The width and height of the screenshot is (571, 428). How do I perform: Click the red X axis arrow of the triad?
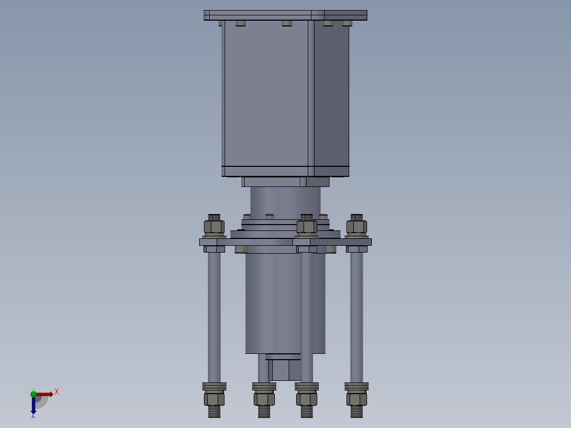click(44, 394)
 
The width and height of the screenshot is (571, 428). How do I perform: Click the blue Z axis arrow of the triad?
click(33, 405)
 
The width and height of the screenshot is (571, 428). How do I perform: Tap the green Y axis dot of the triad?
click(33, 394)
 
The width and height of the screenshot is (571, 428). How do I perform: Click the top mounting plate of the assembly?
click(285, 15)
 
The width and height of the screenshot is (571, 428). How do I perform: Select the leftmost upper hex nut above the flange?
click(214, 227)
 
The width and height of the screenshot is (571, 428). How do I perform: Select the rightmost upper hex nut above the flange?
click(356, 227)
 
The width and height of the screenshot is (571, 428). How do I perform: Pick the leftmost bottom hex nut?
click(214, 399)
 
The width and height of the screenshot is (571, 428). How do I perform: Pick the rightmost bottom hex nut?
click(356, 399)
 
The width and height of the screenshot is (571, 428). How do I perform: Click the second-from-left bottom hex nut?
click(264, 399)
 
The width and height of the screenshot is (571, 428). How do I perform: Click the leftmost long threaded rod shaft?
click(214, 317)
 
